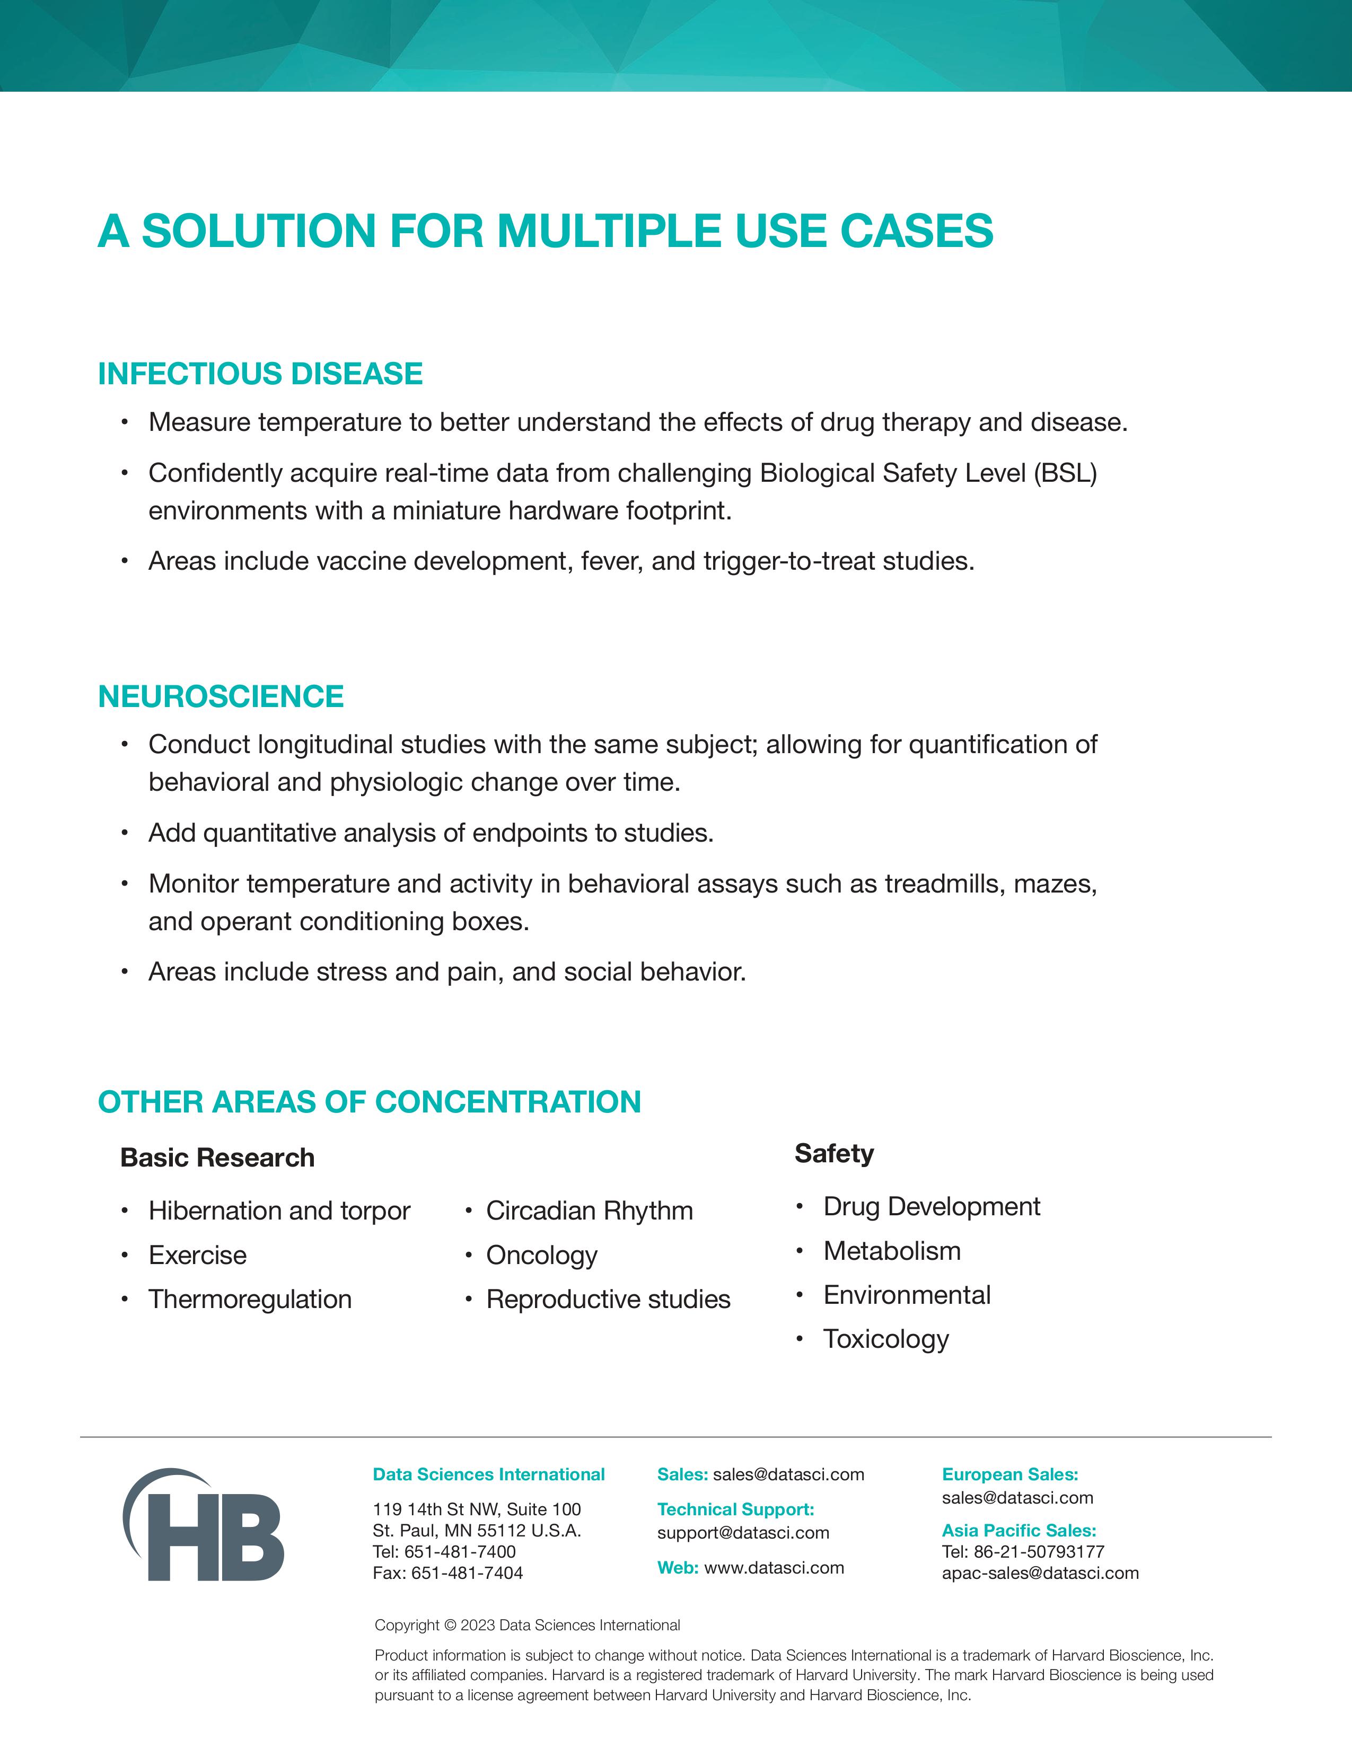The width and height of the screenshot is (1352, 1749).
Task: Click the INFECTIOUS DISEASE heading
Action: (x=260, y=374)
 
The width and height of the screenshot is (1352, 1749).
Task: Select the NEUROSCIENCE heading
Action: (x=221, y=697)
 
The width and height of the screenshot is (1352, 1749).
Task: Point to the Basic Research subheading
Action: (x=217, y=1158)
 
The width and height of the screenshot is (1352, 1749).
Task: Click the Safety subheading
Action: (x=834, y=1154)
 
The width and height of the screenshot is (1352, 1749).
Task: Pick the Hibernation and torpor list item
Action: (x=279, y=1211)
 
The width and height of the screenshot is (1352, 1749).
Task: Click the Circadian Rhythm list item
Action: (x=590, y=1211)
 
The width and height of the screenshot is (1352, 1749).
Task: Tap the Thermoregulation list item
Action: (x=250, y=1299)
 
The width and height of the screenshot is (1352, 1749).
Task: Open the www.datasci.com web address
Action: (x=774, y=1568)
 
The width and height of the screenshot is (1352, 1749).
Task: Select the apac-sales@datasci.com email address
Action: (x=1040, y=1573)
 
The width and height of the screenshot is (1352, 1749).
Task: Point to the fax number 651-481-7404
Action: (x=467, y=1573)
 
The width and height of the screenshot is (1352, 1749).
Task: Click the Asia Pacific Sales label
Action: (x=1019, y=1531)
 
